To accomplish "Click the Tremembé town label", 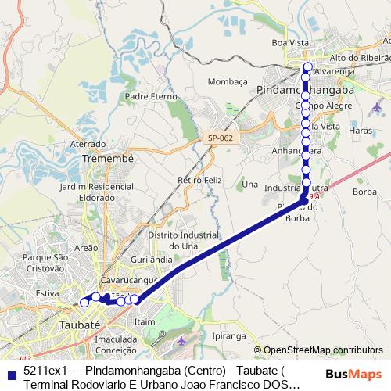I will coord(109,158).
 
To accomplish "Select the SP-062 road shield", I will coord(221,138).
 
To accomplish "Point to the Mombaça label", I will coord(228,81).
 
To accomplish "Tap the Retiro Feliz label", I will coord(195,180).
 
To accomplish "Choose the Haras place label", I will coord(361,131).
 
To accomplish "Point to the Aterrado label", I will coord(88,144).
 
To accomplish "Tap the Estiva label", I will coord(48,293).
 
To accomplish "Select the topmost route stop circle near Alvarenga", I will coord(308,67).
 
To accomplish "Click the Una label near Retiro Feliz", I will coord(250,185).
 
